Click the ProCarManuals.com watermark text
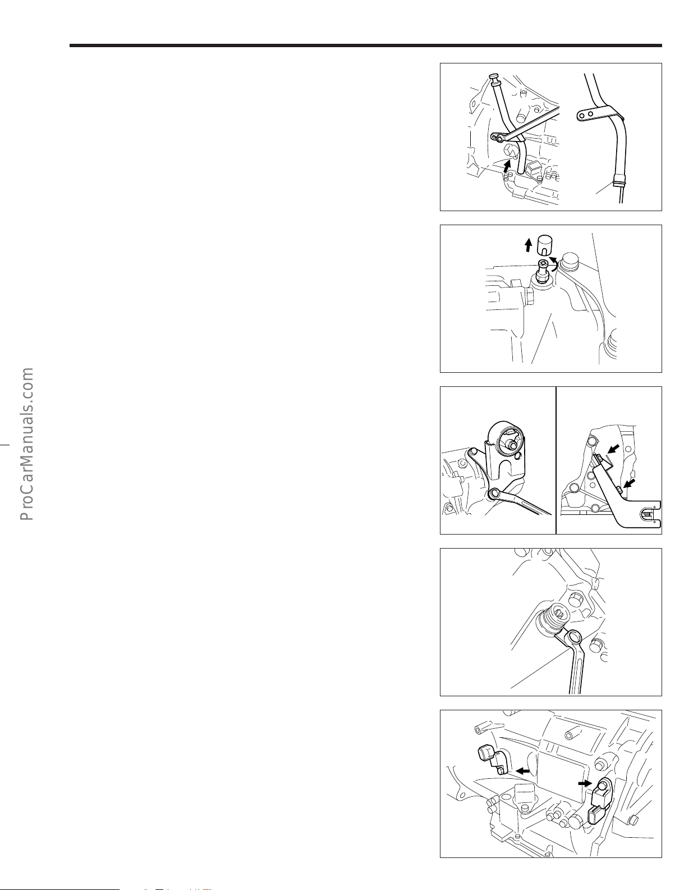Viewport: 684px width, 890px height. tap(26, 444)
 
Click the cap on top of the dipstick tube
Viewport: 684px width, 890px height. tap(494, 76)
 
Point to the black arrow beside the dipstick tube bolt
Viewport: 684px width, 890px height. tap(507, 166)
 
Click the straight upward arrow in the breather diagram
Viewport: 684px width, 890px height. tap(528, 245)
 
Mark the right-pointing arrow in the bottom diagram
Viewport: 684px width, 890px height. tap(585, 782)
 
